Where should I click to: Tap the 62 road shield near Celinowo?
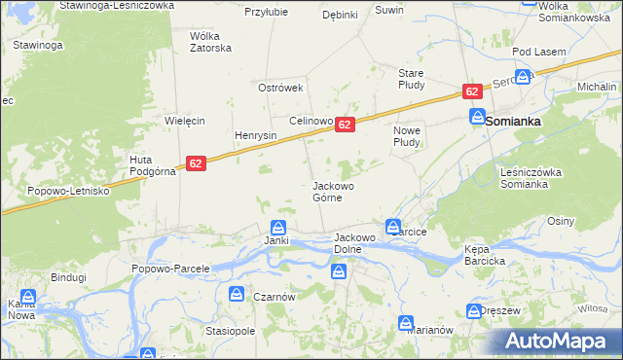(345, 125)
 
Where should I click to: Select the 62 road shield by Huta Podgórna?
(196, 164)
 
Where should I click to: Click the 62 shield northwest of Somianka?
(472, 91)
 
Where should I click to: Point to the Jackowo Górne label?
(333, 191)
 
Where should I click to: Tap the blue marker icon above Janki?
(277, 226)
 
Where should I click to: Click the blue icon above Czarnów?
(238, 293)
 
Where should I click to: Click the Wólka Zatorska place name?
(210, 42)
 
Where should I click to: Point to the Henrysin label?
(257, 135)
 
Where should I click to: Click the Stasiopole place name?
(230, 331)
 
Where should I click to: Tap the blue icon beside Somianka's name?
(477, 117)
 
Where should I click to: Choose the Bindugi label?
(69, 277)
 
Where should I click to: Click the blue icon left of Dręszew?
(470, 311)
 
